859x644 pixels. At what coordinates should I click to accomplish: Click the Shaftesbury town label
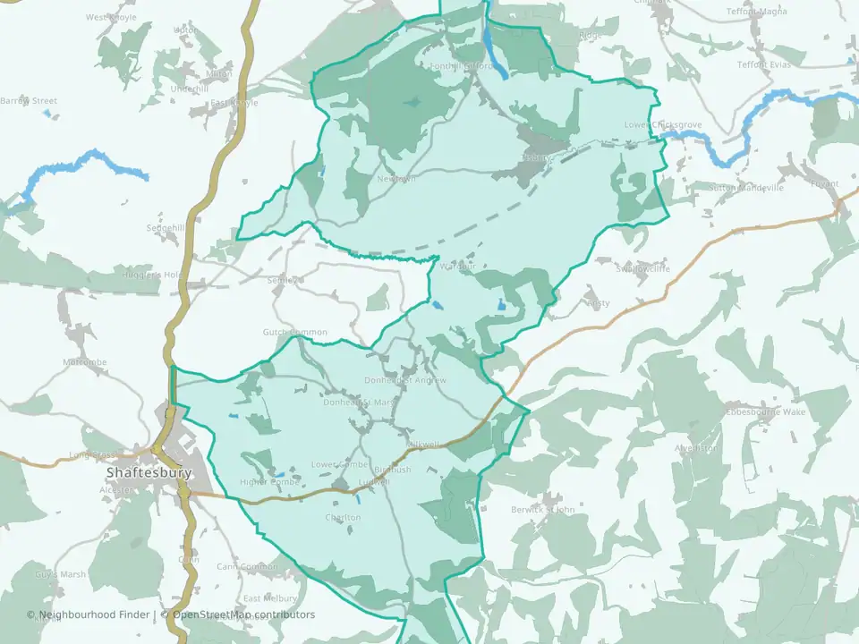(x=149, y=472)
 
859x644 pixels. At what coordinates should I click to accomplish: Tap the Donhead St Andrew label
(x=405, y=380)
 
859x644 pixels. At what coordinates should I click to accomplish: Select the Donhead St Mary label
(x=359, y=402)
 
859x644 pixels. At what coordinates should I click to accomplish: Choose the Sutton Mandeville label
(x=745, y=188)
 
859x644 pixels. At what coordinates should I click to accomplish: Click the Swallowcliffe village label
(x=642, y=267)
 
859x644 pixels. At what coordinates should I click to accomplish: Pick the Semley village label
(x=280, y=280)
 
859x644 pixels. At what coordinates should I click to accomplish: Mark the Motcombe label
(x=85, y=362)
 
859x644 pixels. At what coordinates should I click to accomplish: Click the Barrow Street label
(x=29, y=101)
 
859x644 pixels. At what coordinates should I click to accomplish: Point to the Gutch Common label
(x=295, y=333)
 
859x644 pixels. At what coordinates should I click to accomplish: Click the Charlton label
(x=344, y=518)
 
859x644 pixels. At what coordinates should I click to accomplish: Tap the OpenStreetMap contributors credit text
(x=243, y=614)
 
